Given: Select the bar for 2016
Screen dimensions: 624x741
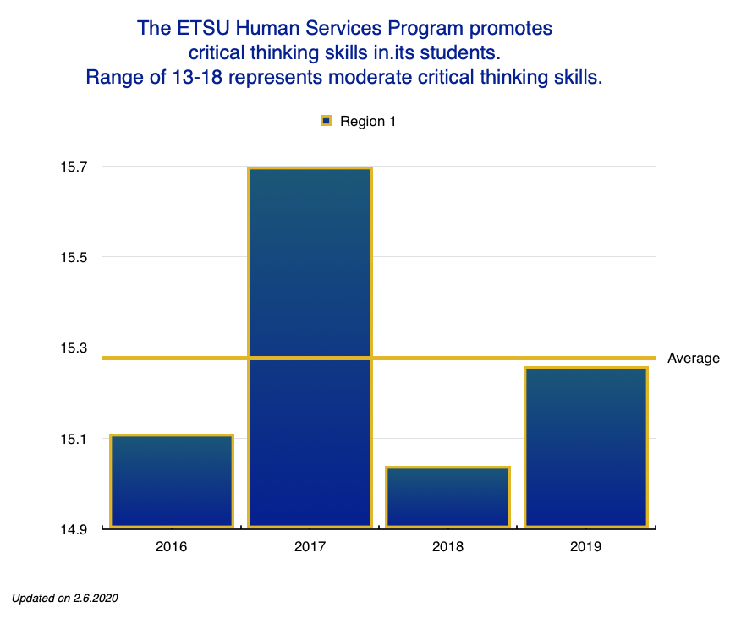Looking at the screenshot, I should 172,481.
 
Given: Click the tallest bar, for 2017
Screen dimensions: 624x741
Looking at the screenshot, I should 310,348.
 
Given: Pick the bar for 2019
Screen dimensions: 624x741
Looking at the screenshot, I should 585,447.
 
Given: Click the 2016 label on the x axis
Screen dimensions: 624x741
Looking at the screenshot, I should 172,547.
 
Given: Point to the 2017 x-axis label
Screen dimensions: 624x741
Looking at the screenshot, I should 310,547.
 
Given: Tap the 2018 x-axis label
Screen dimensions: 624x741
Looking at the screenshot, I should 447,547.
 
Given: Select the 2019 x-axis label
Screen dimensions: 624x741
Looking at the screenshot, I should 585,547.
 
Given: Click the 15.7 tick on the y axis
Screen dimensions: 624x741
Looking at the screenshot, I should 74,167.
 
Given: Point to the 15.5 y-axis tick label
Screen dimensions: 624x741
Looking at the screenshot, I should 74,257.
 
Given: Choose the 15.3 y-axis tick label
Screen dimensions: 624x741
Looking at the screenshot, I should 74,348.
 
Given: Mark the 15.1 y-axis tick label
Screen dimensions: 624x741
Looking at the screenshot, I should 74,439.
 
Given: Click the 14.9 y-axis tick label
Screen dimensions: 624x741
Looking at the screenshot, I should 74,529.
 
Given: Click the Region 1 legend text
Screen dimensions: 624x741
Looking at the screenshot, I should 368,121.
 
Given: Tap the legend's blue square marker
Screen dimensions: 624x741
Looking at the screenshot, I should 326,121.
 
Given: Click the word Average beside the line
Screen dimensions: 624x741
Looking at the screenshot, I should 694,358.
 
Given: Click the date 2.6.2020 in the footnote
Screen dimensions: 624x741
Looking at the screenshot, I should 94,598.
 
